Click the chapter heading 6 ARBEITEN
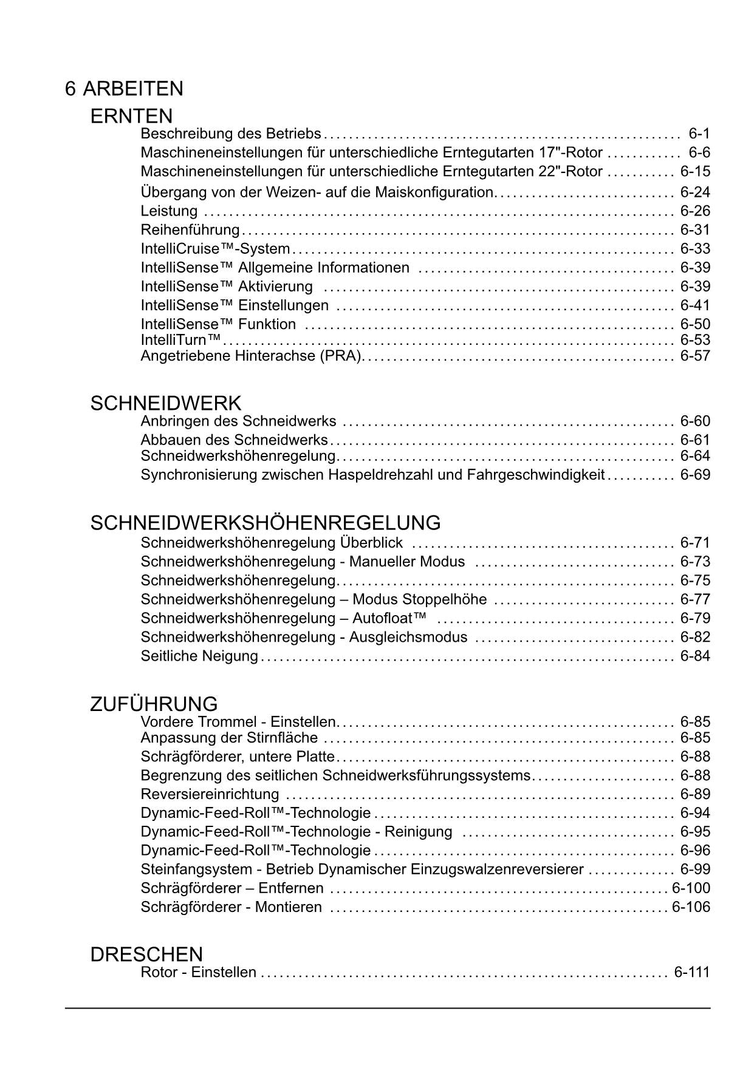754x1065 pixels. pyautogui.click(x=124, y=89)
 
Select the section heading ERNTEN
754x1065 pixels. pyautogui.click(x=131, y=115)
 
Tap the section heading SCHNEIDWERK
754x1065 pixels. pyautogui.click(x=165, y=403)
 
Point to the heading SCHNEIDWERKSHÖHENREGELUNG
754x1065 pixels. pyautogui.click(x=265, y=523)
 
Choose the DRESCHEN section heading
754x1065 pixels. pyautogui.click(x=146, y=954)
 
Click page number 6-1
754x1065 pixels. pyautogui.click(x=699, y=134)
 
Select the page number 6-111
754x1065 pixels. pyautogui.click(x=691, y=972)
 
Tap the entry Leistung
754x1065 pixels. pyautogui.click(x=169, y=211)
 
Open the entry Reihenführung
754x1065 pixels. pyautogui.click(x=190, y=230)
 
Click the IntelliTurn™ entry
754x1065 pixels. pyautogui.click(x=180, y=339)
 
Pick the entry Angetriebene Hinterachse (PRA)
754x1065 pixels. pyautogui.click(x=252, y=356)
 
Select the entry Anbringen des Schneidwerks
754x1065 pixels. pyautogui.click(x=238, y=421)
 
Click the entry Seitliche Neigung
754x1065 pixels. pyautogui.click(x=199, y=656)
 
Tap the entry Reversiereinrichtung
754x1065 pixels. pyautogui.click(x=210, y=794)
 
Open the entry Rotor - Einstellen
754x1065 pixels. pyautogui.click(x=198, y=972)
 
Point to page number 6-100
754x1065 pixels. pyautogui.click(x=691, y=888)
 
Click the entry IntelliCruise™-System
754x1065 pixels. pyautogui.click(x=215, y=249)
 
